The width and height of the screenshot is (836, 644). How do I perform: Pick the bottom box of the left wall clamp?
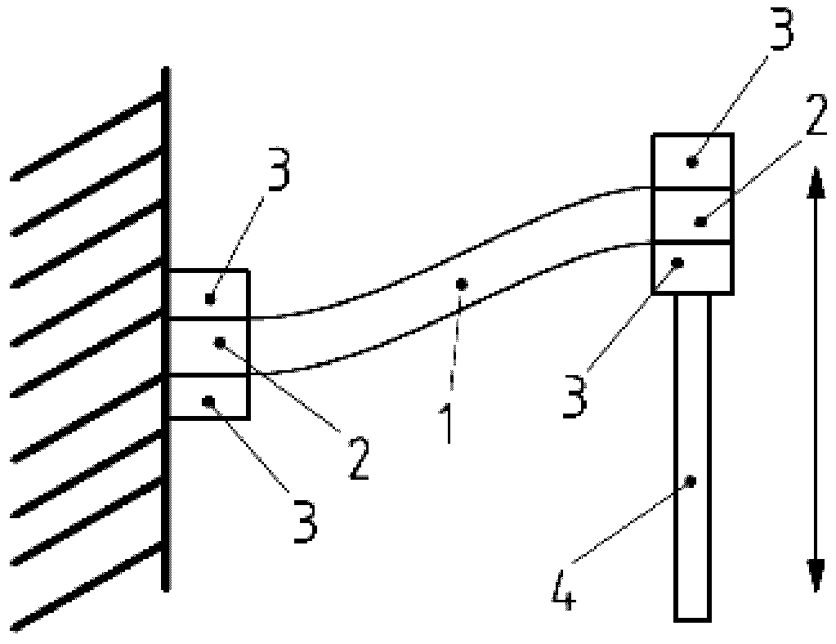(x=208, y=397)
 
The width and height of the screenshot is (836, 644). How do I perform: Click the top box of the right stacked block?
(x=691, y=161)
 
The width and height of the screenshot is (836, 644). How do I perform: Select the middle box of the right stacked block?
(x=691, y=215)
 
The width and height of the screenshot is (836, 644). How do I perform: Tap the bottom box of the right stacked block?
(x=691, y=267)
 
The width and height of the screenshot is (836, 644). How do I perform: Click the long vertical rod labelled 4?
(x=692, y=458)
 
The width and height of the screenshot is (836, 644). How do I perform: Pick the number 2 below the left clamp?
(x=357, y=458)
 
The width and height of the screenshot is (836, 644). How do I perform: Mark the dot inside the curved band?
(x=462, y=284)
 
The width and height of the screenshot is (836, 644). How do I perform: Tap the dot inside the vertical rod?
(x=691, y=481)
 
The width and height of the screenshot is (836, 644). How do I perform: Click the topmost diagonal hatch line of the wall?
(x=86, y=136)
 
